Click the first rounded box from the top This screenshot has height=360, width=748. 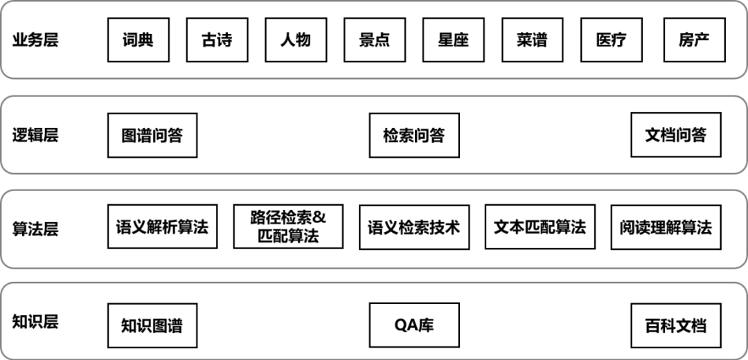[374, 39]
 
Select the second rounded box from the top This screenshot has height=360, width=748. [374, 134]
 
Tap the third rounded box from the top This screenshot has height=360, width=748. [374, 228]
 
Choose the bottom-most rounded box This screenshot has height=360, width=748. [374, 321]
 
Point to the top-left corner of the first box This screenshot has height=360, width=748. [2, 2]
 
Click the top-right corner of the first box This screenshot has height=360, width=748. [745, 2]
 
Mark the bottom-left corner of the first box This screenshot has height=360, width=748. [2, 77]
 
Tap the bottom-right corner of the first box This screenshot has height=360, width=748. [745, 77]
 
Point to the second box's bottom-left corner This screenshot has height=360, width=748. [2, 171]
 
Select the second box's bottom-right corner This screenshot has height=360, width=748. [745, 171]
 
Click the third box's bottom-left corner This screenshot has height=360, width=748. [2, 266]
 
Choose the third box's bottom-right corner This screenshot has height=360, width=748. [745, 266]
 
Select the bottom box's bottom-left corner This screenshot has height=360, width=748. [2, 358]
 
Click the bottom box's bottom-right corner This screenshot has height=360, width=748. [745, 358]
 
